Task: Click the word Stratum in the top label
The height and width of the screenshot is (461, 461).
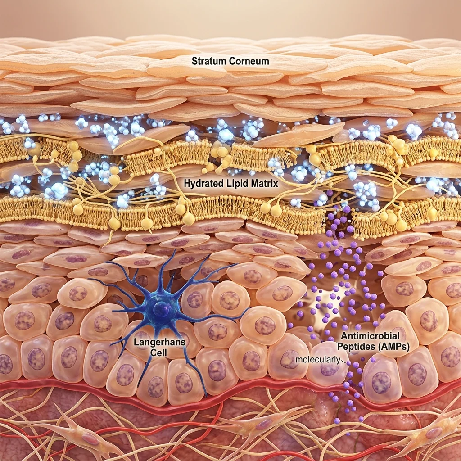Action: (209, 61)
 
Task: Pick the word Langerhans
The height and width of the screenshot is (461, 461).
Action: (160, 342)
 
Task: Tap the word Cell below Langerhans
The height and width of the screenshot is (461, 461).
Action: (159, 353)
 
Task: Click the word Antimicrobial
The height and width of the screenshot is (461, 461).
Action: (370, 336)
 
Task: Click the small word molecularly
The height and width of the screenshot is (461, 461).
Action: (318, 360)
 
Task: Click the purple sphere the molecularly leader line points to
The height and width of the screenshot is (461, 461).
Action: (349, 363)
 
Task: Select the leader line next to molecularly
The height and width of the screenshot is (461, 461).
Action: (343, 361)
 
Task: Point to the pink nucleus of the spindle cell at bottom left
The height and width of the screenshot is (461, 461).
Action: (90, 438)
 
